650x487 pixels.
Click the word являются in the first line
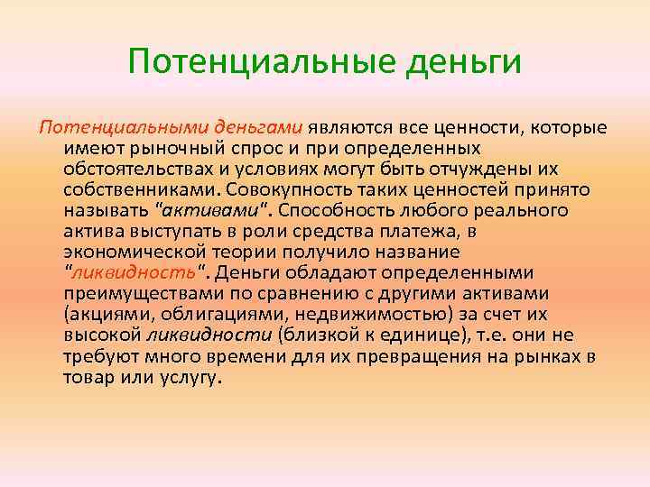point(350,127)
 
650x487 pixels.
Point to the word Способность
point(338,210)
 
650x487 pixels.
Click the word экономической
point(135,252)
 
